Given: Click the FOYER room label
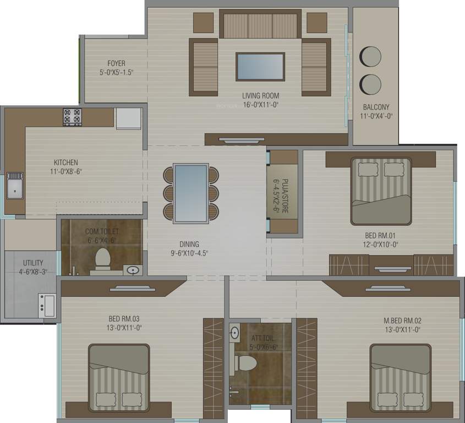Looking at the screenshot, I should click(116, 63).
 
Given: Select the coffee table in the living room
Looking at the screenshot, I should click(260, 67).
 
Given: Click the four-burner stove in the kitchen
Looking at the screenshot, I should click(72, 117).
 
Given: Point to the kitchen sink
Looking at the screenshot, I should click(15, 186).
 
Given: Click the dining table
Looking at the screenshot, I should click(191, 193).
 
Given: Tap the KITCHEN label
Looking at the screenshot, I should click(65, 162).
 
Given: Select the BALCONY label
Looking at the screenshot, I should click(376, 107).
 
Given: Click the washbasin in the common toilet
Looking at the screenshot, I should click(132, 270).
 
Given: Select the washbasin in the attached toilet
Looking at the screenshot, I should click(235, 333).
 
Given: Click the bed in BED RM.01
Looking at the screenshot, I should click(381, 189).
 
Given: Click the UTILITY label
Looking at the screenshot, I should click(33, 263).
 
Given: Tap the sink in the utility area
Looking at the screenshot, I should click(47, 305).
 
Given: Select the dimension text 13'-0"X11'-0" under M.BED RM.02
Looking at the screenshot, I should click(402, 329).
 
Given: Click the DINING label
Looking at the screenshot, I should click(189, 244).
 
